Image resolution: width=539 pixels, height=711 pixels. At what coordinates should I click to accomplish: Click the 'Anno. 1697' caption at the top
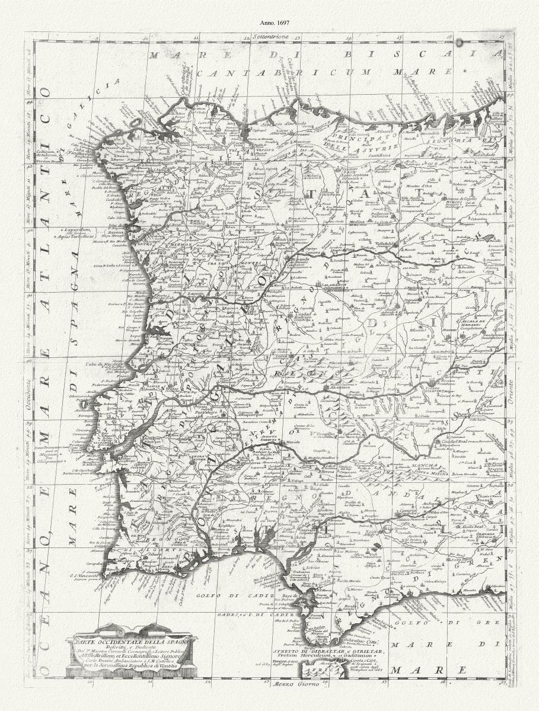[270, 23]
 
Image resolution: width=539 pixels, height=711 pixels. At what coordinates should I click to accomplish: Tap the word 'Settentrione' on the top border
[269, 37]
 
